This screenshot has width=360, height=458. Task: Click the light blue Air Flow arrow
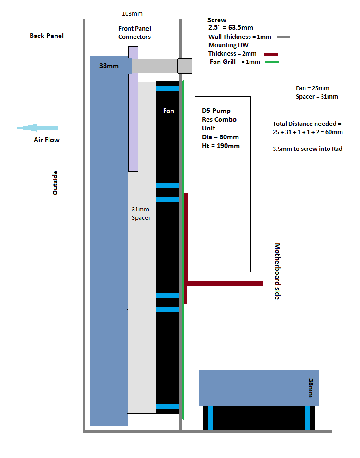[x=37, y=128]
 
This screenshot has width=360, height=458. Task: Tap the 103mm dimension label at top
[x=132, y=14]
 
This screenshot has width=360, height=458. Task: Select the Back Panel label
[x=47, y=36]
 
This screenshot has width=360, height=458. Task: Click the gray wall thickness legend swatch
[x=283, y=37]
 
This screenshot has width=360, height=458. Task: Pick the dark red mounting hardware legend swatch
[x=270, y=54]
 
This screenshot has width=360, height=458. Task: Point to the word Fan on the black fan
[x=169, y=111]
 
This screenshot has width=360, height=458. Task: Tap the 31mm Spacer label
[x=141, y=214]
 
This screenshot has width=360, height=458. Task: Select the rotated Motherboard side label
[x=278, y=271]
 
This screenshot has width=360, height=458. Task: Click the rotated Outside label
[x=55, y=183]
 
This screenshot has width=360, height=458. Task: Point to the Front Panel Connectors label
[x=134, y=33]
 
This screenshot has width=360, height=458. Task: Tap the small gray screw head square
[x=185, y=66]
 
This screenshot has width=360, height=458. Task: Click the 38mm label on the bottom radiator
[x=311, y=388]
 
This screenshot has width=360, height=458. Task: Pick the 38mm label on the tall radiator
[x=109, y=66]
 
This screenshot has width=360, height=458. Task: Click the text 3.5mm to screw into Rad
[x=308, y=149]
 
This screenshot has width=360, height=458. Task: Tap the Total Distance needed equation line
[x=308, y=132]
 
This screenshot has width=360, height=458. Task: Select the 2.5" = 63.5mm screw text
[x=231, y=28]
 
